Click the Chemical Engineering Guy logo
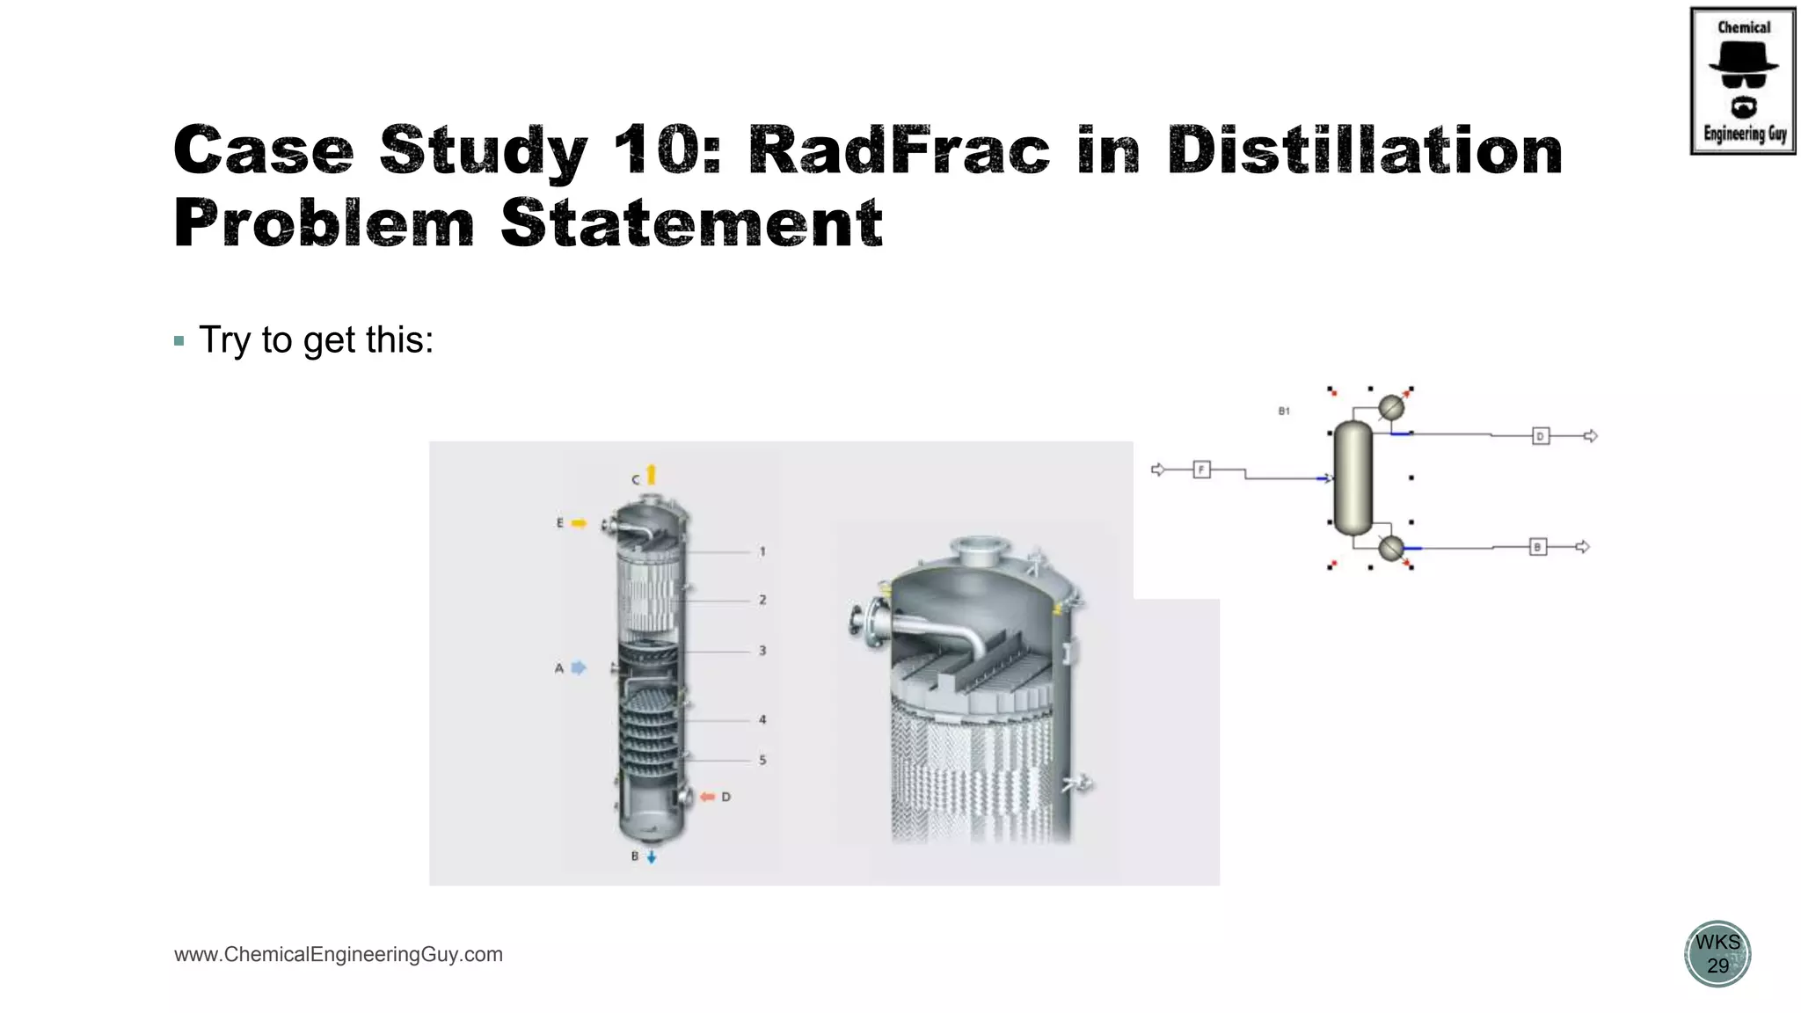click(x=1742, y=81)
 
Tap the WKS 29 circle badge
click(x=1717, y=953)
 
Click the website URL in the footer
click(x=339, y=954)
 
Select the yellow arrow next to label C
click(x=652, y=475)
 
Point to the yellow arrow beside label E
click(x=578, y=523)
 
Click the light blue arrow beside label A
click(x=578, y=668)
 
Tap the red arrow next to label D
click(x=707, y=797)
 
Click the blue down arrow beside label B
click(x=652, y=856)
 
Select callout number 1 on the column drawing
click(x=762, y=552)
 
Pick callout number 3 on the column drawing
click(x=762, y=651)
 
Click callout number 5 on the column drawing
click(x=762, y=760)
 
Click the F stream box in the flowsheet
click(x=1201, y=470)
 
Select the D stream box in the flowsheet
click(x=1540, y=436)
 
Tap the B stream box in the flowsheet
click(x=1537, y=547)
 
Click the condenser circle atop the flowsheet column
click(x=1390, y=408)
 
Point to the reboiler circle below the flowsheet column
click(x=1390, y=549)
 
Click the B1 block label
click(x=1284, y=411)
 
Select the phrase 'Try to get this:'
click(x=316, y=340)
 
